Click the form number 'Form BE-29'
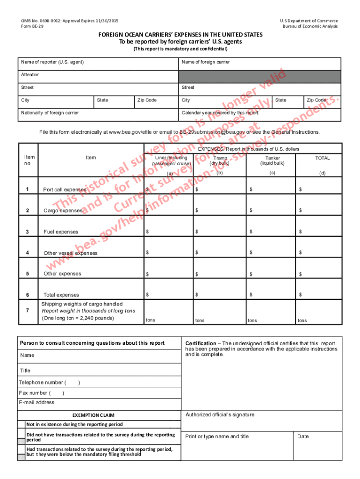(32, 26)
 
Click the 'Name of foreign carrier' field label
(205, 62)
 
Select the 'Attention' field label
(30, 75)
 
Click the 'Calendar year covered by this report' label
(220, 113)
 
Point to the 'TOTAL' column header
(322, 158)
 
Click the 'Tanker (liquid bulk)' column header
(273, 160)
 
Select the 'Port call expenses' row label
(65, 189)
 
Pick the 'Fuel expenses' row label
(61, 232)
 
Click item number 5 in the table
(28, 274)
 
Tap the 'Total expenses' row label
(61, 295)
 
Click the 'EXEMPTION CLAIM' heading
(93, 415)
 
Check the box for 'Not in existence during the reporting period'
(21, 424)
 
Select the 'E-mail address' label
(36, 402)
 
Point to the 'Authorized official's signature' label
(220, 414)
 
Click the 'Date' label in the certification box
(303, 436)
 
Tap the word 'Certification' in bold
(201, 343)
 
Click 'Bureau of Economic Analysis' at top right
(310, 26)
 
